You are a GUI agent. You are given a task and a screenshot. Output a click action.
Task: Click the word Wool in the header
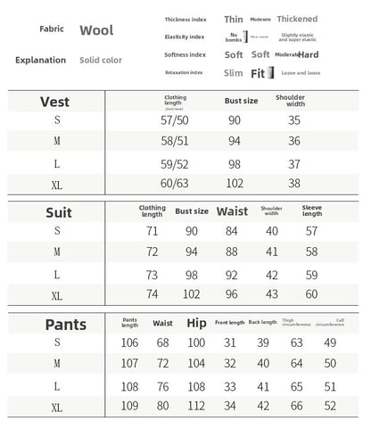96,30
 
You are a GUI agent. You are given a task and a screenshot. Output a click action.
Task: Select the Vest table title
55,102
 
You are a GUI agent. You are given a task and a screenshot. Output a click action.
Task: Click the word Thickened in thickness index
297,18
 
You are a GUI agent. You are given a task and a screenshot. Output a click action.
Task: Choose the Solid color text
101,60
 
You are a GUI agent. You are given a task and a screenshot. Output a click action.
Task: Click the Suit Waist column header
232,211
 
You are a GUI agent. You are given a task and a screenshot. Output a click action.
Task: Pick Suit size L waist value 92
232,274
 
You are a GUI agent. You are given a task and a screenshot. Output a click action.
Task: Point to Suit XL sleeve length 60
311,293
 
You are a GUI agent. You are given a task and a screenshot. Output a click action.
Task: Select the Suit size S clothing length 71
152,231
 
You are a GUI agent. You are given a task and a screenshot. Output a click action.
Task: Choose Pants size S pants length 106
130,343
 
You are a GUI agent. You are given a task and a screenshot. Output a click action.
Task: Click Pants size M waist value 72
162,363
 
